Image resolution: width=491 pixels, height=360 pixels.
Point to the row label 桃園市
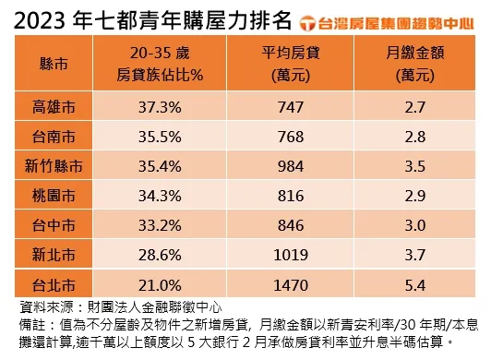tap(53, 197)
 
